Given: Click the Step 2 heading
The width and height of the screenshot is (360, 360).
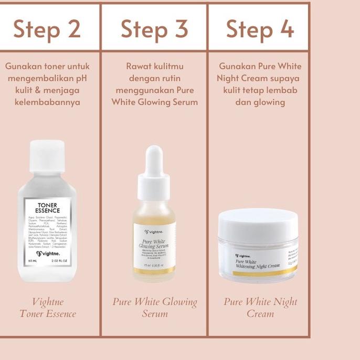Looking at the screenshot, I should tap(47, 29).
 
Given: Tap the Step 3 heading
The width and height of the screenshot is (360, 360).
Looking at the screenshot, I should tap(154, 29).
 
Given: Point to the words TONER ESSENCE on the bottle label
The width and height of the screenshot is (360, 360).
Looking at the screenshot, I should tap(48, 207).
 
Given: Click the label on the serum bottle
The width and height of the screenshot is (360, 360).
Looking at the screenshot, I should tap(154, 245).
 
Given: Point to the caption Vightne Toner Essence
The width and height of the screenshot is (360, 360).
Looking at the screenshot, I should tap(48, 308).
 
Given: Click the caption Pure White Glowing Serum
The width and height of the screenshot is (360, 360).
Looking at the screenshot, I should tap(154, 308).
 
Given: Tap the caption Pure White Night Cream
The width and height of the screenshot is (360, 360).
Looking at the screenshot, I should tap(260, 308).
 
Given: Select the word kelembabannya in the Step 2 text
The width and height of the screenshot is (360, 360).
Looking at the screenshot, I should tap(48, 102).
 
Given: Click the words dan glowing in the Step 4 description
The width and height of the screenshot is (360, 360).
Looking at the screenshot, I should tap(260, 102).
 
